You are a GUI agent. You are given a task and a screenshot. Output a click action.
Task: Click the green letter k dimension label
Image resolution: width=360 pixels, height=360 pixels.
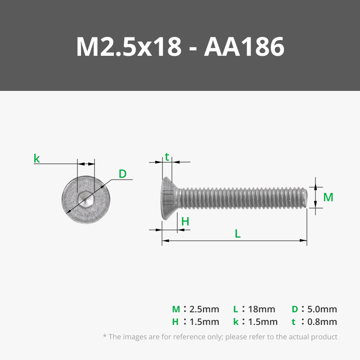pyautogui.click(x=37, y=158)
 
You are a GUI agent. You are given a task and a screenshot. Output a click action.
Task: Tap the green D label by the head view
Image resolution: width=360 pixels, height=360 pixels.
pyautogui.click(x=122, y=174)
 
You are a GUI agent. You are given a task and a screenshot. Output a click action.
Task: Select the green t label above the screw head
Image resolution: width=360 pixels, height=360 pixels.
pyautogui.click(x=167, y=157)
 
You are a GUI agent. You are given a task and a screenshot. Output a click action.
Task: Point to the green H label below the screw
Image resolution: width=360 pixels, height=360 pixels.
pyautogui.click(x=185, y=221)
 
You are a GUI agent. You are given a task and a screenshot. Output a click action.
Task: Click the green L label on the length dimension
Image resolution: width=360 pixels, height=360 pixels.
pyautogui.click(x=238, y=234)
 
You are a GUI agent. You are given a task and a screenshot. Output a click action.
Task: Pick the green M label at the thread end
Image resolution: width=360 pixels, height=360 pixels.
pyautogui.click(x=328, y=197)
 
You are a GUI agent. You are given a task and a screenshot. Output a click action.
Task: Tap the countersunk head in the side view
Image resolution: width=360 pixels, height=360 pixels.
pyautogui.click(x=170, y=198)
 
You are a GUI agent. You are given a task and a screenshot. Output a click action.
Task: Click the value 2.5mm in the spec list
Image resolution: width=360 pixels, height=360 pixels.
pyautogui.click(x=204, y=309)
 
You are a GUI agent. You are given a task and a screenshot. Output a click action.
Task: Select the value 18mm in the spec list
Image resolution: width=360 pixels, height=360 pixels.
pyautogui.click(x=261, y=309)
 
